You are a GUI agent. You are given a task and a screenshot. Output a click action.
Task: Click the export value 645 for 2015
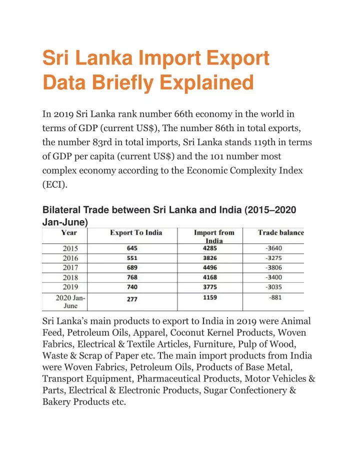tap(132, 248)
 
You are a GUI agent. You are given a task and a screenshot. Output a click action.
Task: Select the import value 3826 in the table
tap(210, 258)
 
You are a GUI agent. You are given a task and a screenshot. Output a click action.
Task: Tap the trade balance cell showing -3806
tap(273, 267)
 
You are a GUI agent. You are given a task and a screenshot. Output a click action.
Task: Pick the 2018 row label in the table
tap(70, 278)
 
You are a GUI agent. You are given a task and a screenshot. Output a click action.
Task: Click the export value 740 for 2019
tap(132, 287)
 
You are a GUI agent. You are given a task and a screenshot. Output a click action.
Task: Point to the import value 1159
tap(210, 297)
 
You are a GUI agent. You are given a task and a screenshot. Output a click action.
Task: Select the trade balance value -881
tap(275, 297)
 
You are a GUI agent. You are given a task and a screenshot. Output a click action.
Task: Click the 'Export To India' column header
tap(136, 232)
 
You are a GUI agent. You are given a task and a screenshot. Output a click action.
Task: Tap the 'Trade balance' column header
tap(281, 232)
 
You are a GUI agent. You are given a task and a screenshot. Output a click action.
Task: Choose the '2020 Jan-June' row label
tap(70, 302)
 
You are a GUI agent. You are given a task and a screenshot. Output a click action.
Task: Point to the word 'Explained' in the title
tap(206, 83)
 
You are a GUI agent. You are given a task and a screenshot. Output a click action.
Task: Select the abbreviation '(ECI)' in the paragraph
tap(55, 185)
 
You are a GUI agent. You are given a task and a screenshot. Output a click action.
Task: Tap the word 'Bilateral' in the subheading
tap(61, 210)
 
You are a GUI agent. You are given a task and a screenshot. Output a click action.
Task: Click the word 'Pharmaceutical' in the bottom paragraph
tap(168, 378)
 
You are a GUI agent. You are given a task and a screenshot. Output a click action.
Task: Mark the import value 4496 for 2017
tap(210, 267)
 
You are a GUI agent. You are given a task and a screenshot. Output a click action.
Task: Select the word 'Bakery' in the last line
tap(56, 402)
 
